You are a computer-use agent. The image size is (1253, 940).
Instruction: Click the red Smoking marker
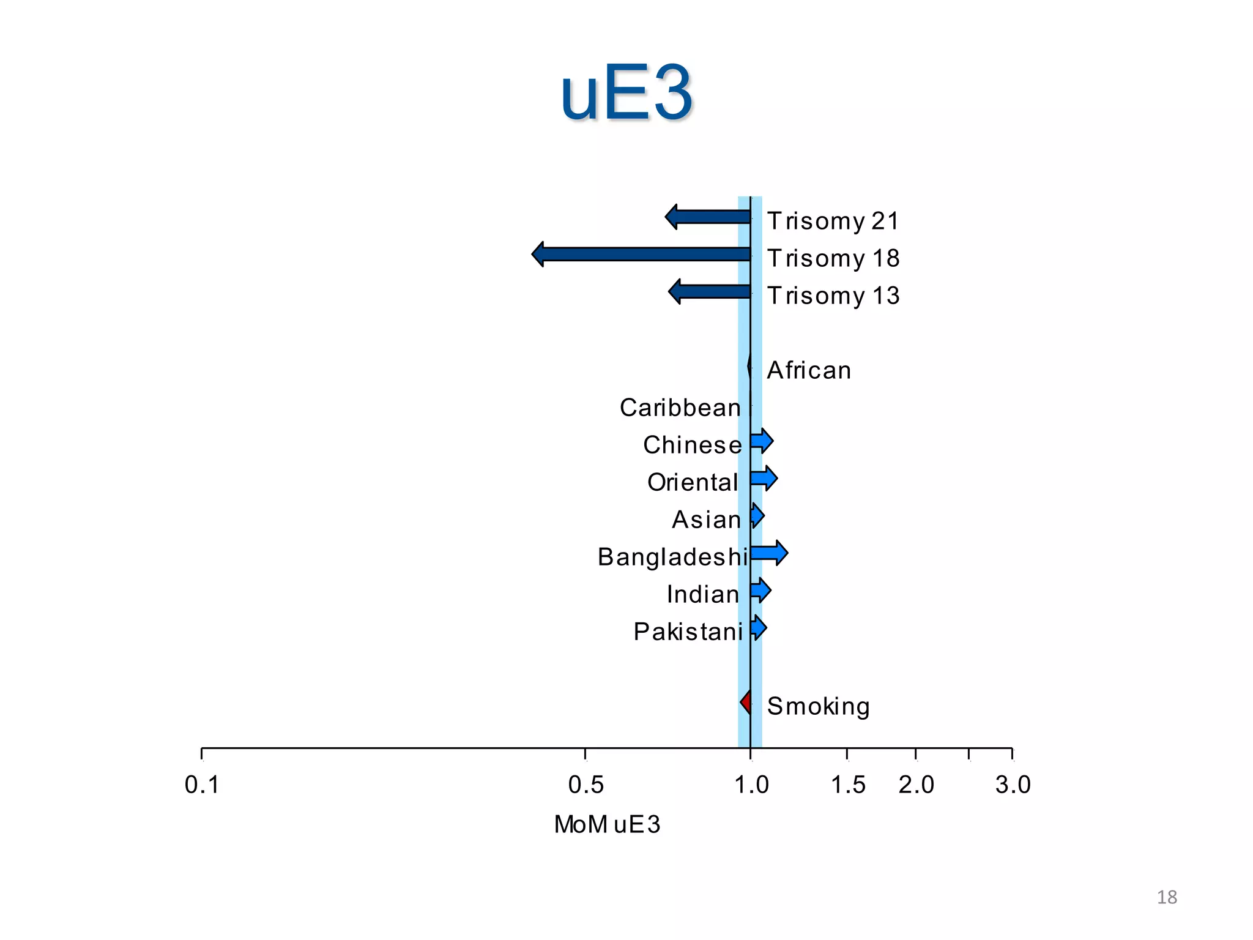click(746, 701)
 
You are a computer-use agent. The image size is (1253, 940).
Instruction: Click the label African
click(809, 370)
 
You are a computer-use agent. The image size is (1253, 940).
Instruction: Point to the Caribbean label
click(680, 408)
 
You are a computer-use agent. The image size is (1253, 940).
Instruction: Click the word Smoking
click(818, 706)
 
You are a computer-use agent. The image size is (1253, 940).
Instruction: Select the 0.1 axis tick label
click(202, 785)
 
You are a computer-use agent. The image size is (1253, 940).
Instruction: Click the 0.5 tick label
click(586, 785)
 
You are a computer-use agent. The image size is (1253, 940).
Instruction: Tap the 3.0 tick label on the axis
click(1013, 785)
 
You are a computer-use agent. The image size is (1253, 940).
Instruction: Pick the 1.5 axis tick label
click(848, 785)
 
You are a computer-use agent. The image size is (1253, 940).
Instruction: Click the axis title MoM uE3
click(607, 824)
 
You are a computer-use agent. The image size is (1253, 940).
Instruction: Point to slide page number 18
click(1167, 897)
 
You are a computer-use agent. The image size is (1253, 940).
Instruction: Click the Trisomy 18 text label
click(833, 258)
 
